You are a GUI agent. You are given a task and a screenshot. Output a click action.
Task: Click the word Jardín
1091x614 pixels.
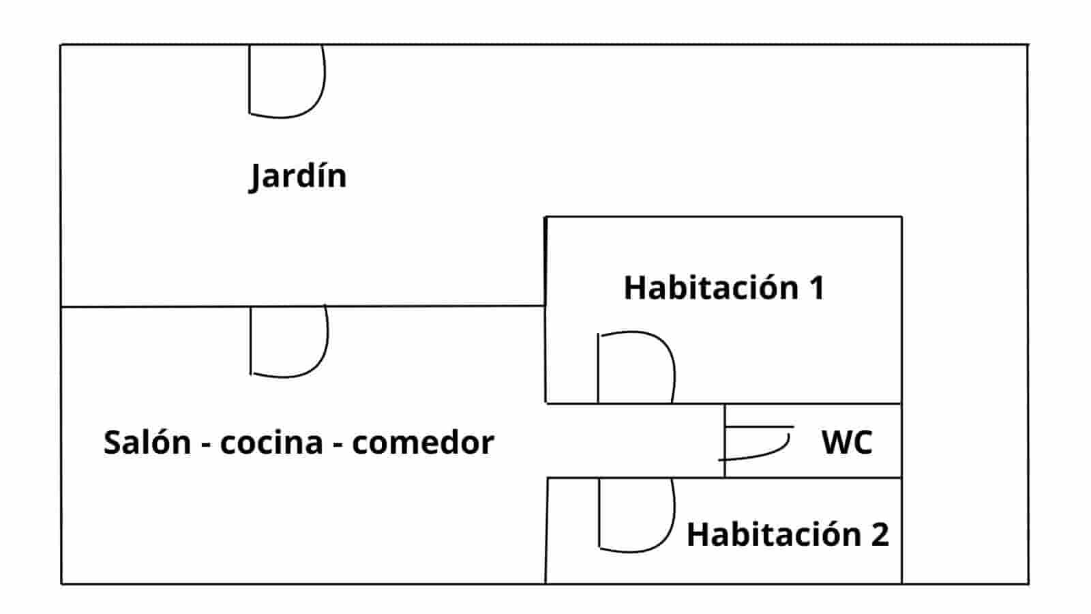click(298, 176)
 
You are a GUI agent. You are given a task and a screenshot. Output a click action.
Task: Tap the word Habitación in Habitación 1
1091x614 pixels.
click(711, 288)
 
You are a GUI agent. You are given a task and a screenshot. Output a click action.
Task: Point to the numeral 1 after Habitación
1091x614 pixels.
click(816, 288)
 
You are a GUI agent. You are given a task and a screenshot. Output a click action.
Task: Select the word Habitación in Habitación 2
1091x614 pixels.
click(773, 534)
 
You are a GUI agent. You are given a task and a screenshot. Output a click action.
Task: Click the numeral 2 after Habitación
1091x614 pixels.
click(880, 534)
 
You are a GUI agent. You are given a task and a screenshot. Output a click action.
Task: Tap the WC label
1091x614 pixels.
click(847, 442)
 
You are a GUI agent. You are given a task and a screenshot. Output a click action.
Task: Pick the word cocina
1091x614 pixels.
click(271, 442)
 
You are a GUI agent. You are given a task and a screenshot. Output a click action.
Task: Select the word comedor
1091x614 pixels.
click(423, 442)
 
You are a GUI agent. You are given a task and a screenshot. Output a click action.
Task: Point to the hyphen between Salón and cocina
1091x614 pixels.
click(205, 444)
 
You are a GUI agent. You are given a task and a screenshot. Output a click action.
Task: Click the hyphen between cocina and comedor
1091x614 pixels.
click(338, 444)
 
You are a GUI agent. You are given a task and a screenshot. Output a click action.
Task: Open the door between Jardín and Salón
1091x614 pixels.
click(288, 341)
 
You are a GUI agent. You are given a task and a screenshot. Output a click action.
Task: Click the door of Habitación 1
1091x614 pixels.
click(636, 367)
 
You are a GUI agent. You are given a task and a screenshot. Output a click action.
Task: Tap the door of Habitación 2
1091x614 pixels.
click(636, 514)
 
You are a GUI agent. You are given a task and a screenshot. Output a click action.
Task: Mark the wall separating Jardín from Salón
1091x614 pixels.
click(409, 306)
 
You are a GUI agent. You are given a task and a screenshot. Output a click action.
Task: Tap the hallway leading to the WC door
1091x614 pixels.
click(634, 441)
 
